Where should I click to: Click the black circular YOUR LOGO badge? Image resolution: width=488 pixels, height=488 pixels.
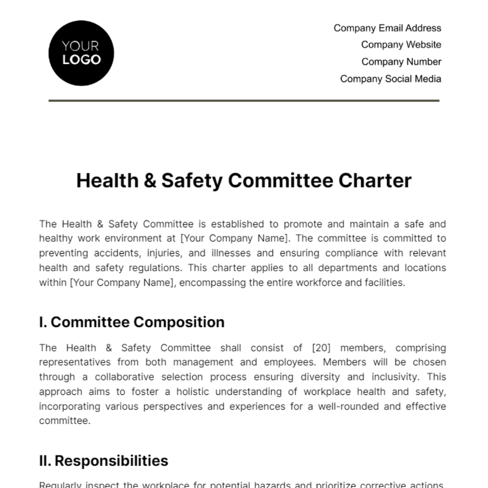click(81, 53)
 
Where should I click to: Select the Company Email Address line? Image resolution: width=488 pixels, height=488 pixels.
click(387, 28)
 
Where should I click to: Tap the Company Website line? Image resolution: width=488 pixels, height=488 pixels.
click(401, 45)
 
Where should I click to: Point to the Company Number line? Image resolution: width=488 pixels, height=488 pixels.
click(401, 62)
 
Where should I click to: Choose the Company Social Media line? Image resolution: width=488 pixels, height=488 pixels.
click(390, 79)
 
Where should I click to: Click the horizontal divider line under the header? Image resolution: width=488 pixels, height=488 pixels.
click(244, 100)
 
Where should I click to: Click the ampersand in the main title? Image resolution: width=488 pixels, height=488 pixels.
click(150, 181)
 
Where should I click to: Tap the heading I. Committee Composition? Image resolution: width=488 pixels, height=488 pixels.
click(132, 322)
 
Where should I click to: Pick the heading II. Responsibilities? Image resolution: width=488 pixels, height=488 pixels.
click(104, 461)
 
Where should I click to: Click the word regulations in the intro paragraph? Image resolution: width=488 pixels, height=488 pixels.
click(148, 268)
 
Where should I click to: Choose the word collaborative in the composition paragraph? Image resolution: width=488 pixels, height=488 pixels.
click(124, 377)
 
